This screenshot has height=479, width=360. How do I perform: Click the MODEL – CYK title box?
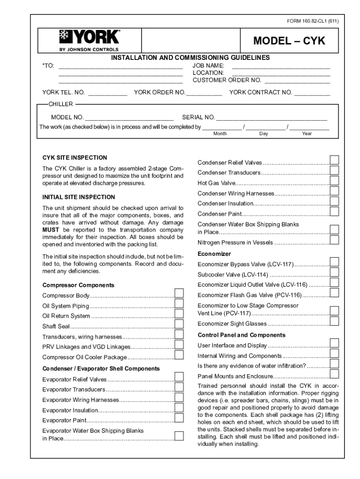288,41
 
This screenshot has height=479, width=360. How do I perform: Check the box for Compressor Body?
179,293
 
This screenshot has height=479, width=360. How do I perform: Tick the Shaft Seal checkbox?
179,324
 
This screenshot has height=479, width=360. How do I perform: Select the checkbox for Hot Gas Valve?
334,181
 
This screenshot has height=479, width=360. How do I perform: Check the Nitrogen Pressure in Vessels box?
334,240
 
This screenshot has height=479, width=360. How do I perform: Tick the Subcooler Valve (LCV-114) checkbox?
334,272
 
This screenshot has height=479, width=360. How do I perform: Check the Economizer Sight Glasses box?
334,321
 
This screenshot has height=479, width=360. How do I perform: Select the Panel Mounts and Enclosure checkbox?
334,374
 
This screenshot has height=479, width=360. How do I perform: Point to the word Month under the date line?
220,134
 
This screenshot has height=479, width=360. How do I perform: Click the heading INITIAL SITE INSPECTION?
79,197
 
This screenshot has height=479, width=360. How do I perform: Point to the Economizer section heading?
214,254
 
